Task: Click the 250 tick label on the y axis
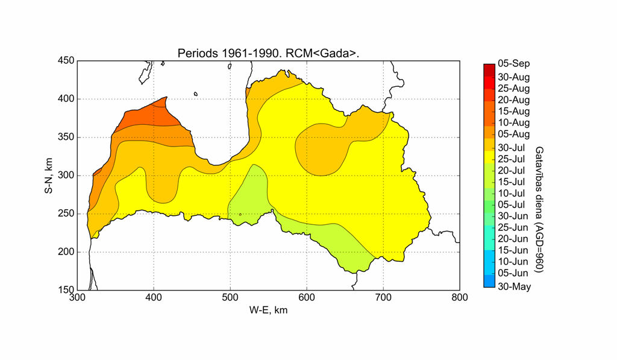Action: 66,213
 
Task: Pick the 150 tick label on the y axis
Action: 66,290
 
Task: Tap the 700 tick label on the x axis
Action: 383,297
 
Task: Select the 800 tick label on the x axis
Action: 460,297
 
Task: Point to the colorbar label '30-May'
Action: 514,286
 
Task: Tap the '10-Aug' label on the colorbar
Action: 513,122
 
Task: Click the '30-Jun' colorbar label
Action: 511,216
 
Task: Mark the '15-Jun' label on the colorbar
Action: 511,250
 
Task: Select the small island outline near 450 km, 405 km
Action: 196,93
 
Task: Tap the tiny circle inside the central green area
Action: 240,214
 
